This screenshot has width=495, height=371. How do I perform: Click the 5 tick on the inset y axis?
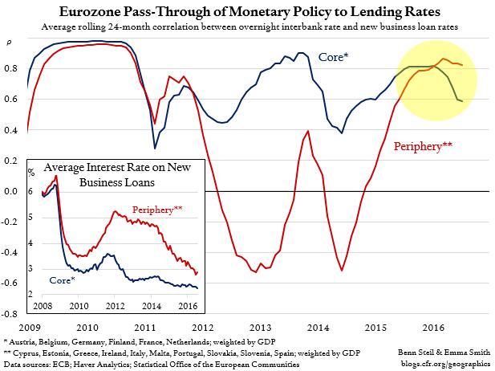[x=31, y=218]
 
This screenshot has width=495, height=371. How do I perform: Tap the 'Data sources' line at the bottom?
[x=144, y=364]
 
